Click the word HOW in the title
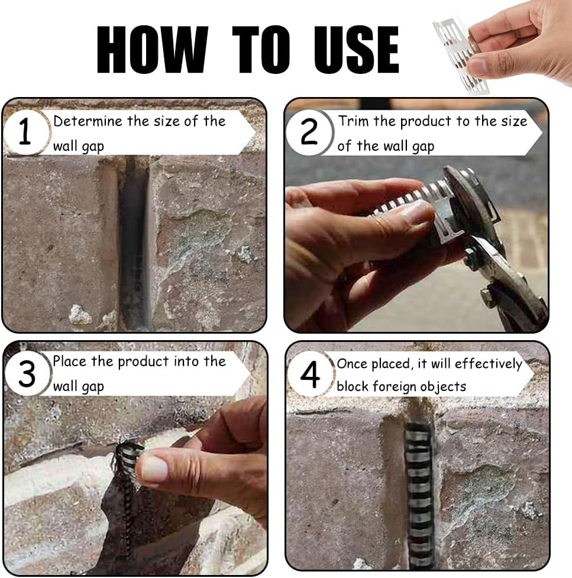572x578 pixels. coord(152,49)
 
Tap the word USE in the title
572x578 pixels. coord(357,50)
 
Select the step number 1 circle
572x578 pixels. coord(25,131)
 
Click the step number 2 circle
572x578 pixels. coord(309,131)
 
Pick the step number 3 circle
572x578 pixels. coord(27,373)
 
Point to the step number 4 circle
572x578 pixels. coord(310,374)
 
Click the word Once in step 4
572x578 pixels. coord(352,364)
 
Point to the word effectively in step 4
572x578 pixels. coord(489,364)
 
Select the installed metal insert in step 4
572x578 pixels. coord(419,494)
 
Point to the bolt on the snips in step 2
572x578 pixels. coord(470,254)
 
